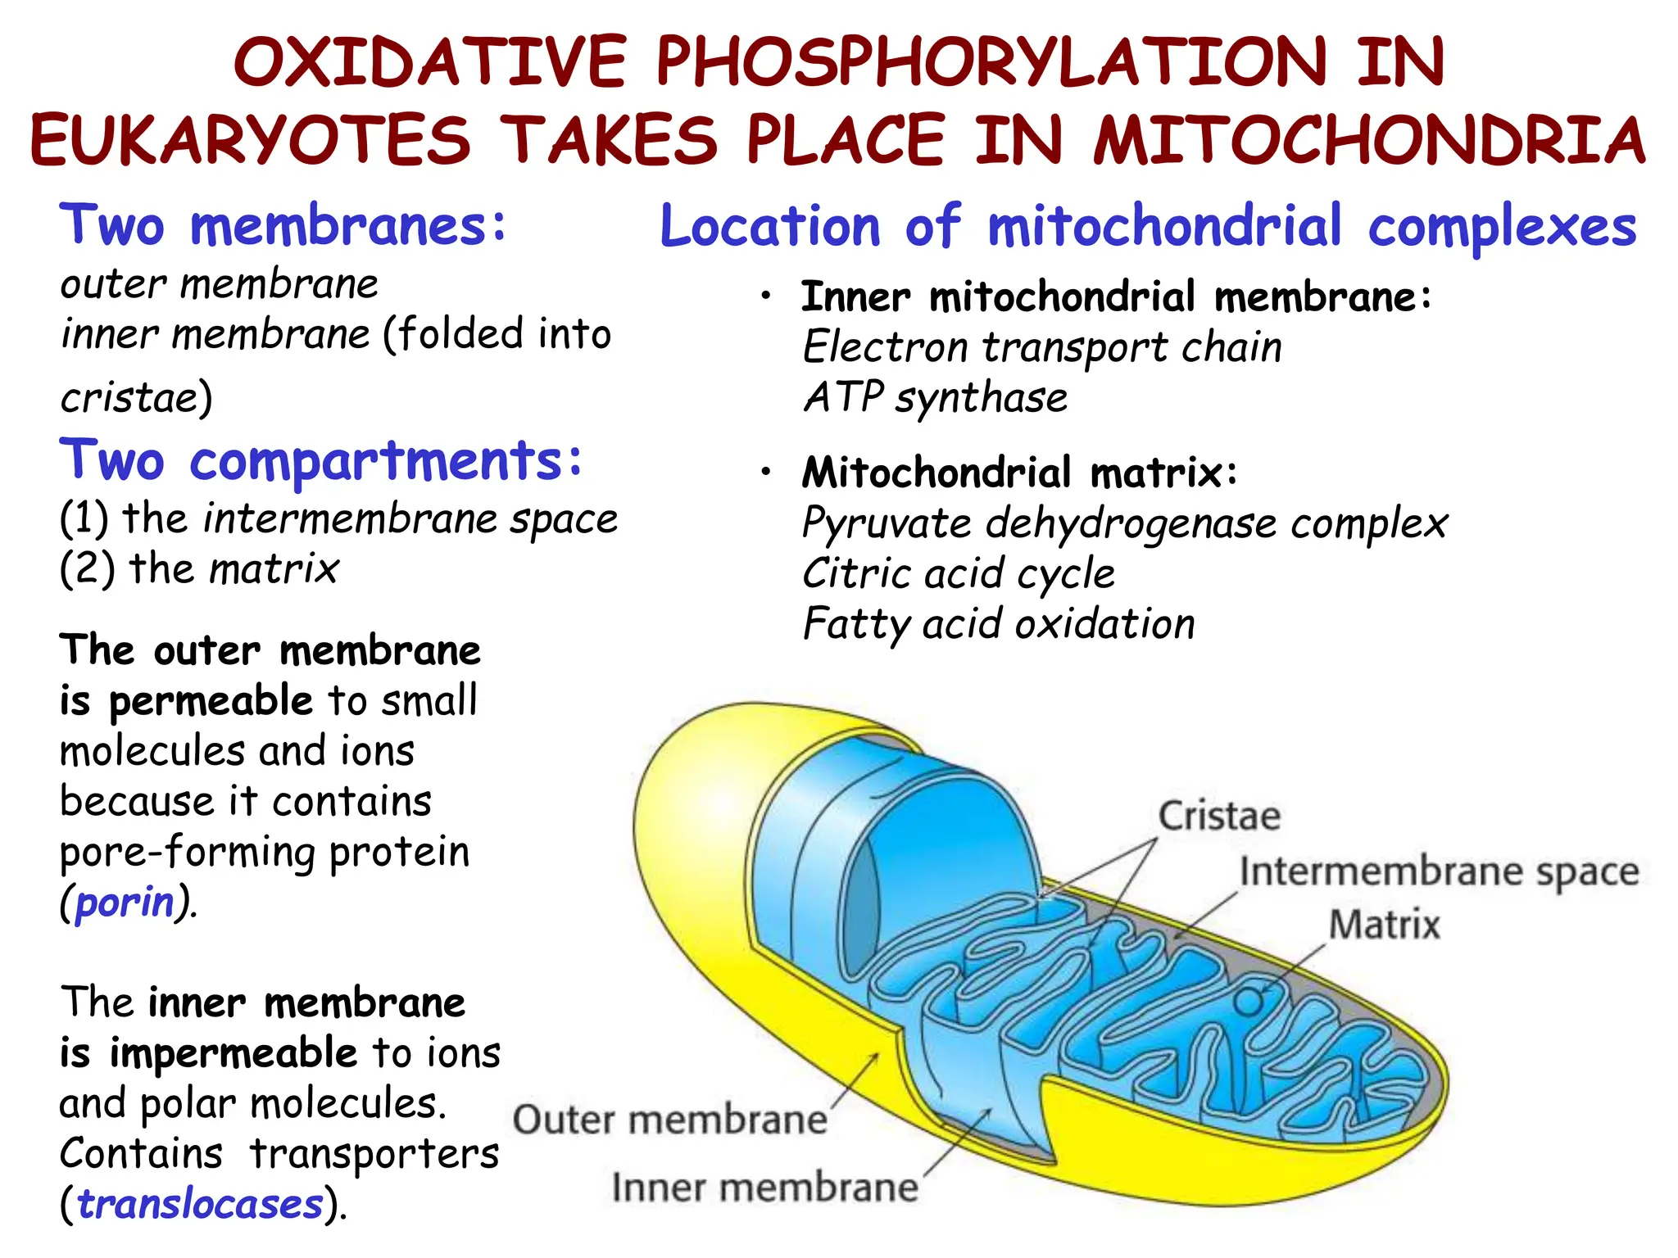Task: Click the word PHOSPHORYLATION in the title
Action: point(991,63)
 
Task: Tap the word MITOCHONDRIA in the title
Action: point(1369,140)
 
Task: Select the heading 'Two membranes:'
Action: point(283,225)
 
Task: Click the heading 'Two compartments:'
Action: point(320,460)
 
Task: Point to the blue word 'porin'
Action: point(125,903)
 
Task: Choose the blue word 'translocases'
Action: point(201,1204)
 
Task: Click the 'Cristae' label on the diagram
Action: point(1219,817)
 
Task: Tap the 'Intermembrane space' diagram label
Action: point(1439,871)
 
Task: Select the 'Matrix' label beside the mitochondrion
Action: point(1384,925)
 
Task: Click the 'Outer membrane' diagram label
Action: point(669,1120)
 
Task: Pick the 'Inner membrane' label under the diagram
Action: point(764,1188)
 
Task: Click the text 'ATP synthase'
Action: point(935,398)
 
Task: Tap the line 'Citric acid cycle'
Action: point(959,573)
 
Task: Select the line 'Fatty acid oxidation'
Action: point(999,624)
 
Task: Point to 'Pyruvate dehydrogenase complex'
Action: point(1125,523)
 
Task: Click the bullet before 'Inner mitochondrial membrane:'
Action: point(766,296)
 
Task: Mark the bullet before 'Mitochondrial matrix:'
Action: point(766,472)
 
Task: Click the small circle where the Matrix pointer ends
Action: point(1248,1001)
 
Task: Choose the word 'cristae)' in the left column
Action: point(136,399)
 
